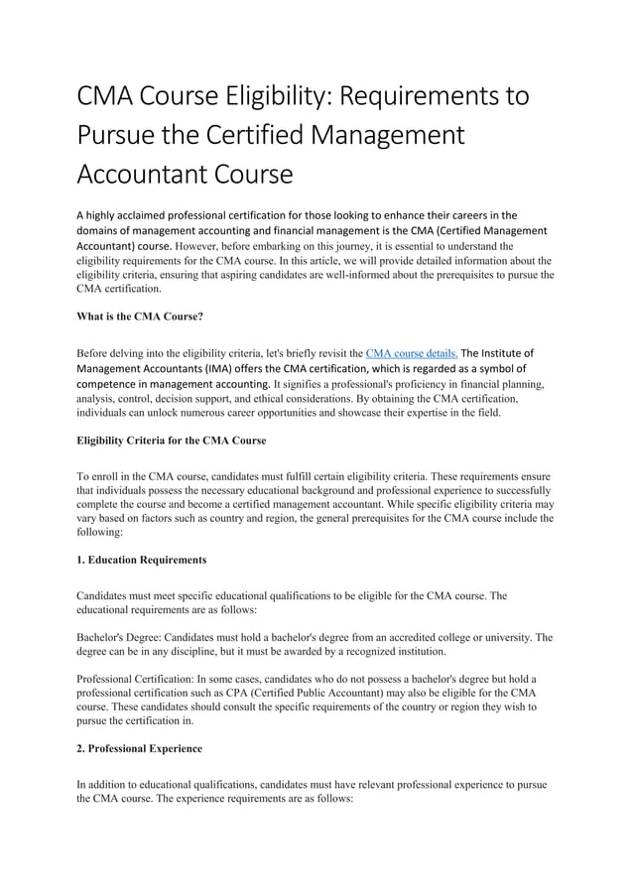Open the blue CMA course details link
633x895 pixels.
point(412,352)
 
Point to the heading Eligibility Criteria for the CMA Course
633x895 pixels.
point(171,440)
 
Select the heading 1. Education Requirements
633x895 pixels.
point(141,560)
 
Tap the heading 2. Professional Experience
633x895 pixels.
point(143,749)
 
